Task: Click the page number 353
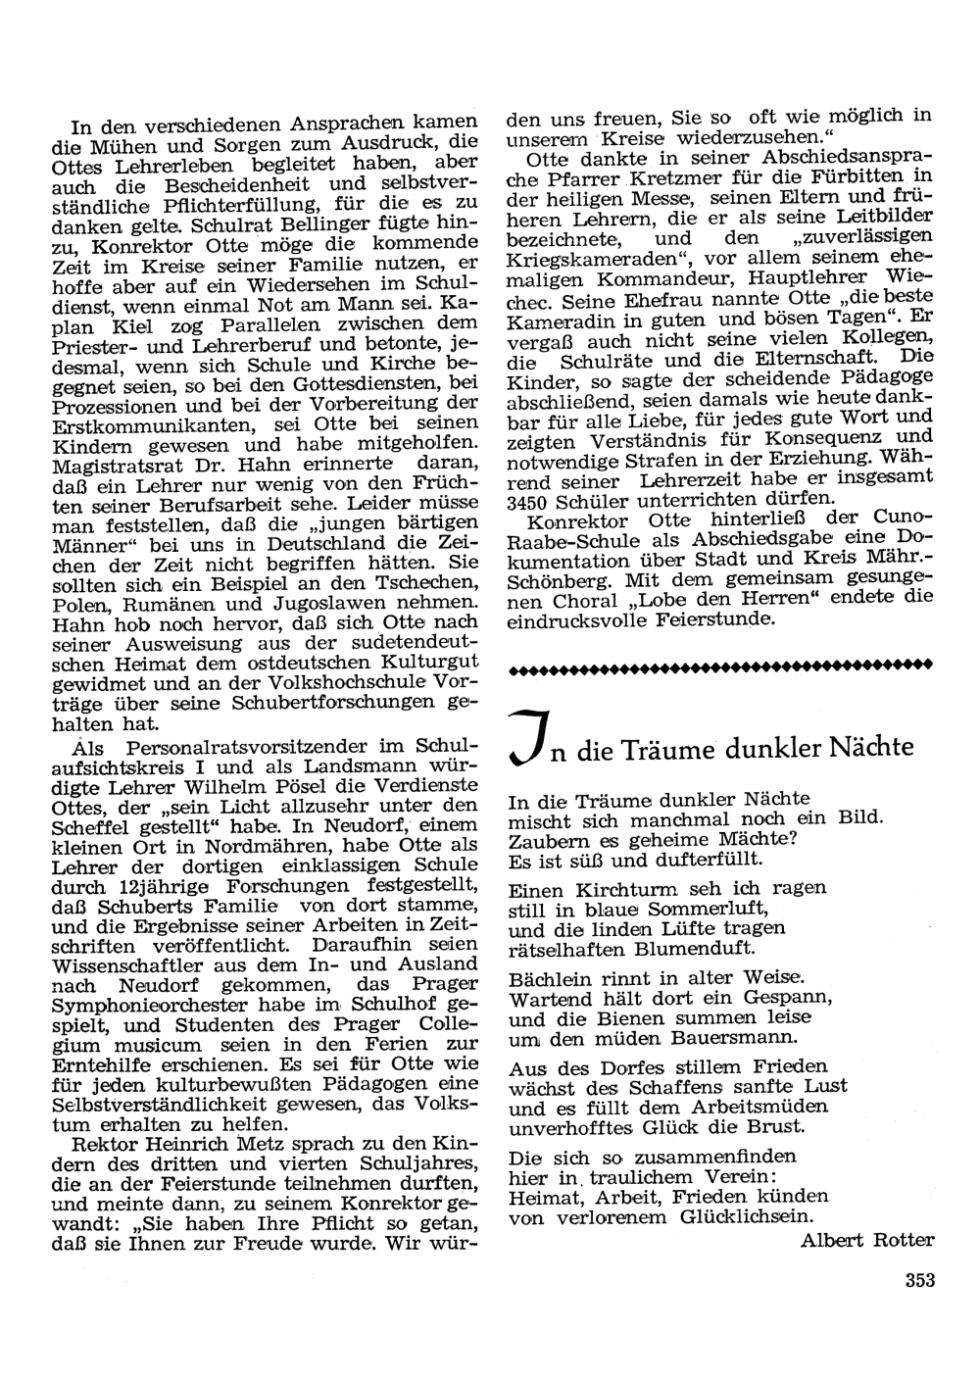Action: coord(915,1278)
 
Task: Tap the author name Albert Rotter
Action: coord(867,1239)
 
